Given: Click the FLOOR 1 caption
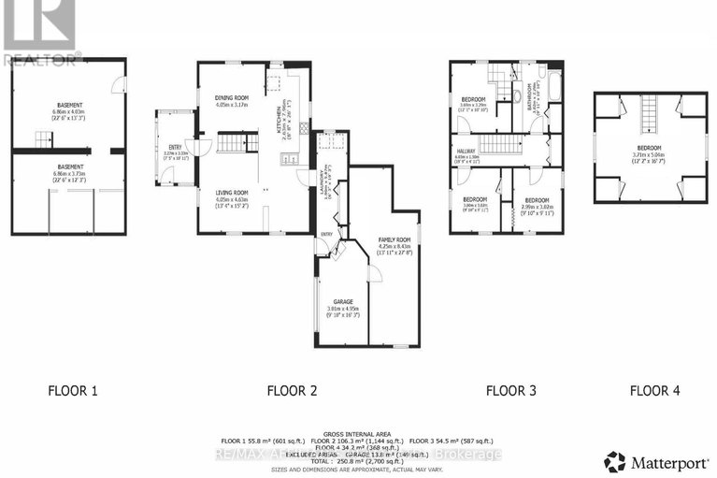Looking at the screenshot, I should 73,390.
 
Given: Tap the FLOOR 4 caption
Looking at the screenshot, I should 654,390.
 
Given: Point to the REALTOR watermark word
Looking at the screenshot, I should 42,59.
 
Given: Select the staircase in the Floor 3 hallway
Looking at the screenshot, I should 500,143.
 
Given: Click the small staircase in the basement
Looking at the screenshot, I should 45,140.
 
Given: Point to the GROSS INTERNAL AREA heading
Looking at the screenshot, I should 358,434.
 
